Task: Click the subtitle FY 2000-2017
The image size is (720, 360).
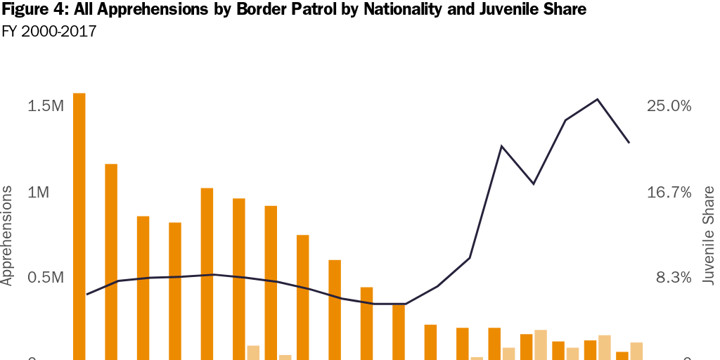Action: coord(49,32)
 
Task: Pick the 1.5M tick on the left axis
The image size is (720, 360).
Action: coord(46,106)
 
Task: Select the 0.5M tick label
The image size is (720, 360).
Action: coord(46,278)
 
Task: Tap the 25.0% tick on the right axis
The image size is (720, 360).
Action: coord(669,106)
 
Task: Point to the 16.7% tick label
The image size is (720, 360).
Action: coord(669,193)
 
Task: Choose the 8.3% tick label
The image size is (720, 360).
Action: coord(674,278)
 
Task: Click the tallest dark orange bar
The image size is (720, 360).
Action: coord(79,225)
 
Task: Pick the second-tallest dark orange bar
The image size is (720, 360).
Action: coord(111,260)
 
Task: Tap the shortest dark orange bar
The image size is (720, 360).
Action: coord(622,355)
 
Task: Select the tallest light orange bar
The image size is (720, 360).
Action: coord(541,344)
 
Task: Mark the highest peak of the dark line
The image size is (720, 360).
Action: coord(598,99)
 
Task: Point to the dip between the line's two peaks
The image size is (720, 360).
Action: coord(534,184)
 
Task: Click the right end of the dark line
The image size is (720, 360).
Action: coord(629,143)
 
